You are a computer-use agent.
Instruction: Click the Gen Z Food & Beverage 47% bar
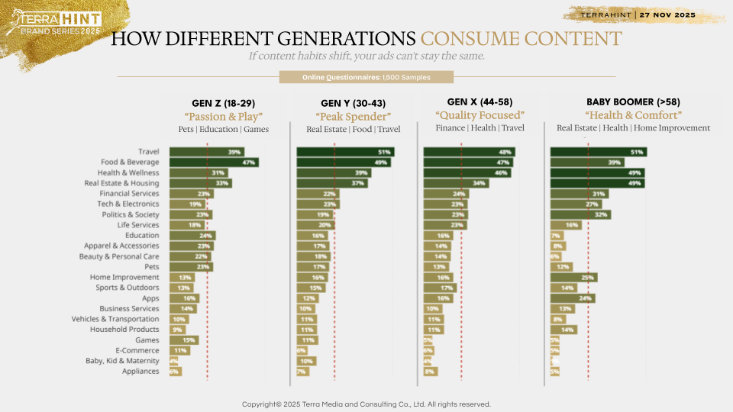tap(214, 163)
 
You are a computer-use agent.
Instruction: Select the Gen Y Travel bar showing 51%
tap(345, 152)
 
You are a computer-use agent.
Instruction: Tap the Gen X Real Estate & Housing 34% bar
tap(456, 183)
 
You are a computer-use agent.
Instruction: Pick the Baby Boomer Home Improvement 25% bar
tap(573, 278)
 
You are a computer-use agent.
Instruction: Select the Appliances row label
tap(140, 372)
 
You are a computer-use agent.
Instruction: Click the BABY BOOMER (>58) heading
tap(633, 101)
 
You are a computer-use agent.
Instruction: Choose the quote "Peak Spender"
tap(353, 117)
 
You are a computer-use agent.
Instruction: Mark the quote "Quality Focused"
tap(480, 115)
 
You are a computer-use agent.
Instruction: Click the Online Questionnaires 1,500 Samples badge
tap(366, 77)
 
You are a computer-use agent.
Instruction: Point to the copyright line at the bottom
tap(366, 404)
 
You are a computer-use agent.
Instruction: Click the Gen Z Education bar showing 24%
tap(193, 236)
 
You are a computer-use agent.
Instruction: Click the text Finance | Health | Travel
tap(480, 128)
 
